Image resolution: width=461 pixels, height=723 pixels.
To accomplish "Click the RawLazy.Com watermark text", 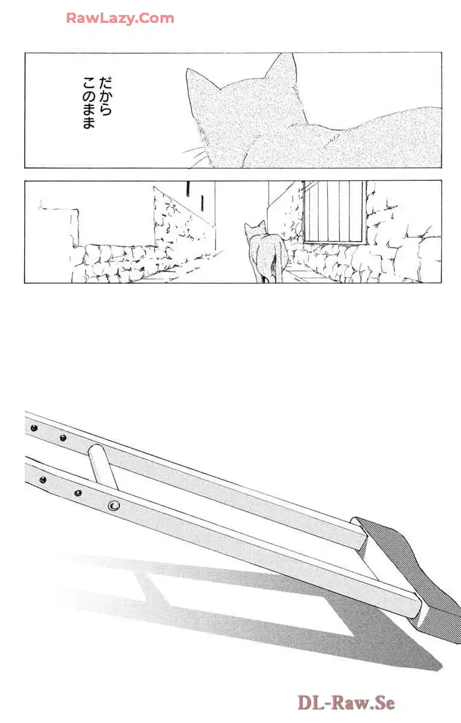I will point(120,18).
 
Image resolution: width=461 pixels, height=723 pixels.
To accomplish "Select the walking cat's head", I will point(254,231).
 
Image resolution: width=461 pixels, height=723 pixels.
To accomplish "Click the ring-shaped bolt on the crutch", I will point(113,505).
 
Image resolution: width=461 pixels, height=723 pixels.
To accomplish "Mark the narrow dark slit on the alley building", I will point(188,189).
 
